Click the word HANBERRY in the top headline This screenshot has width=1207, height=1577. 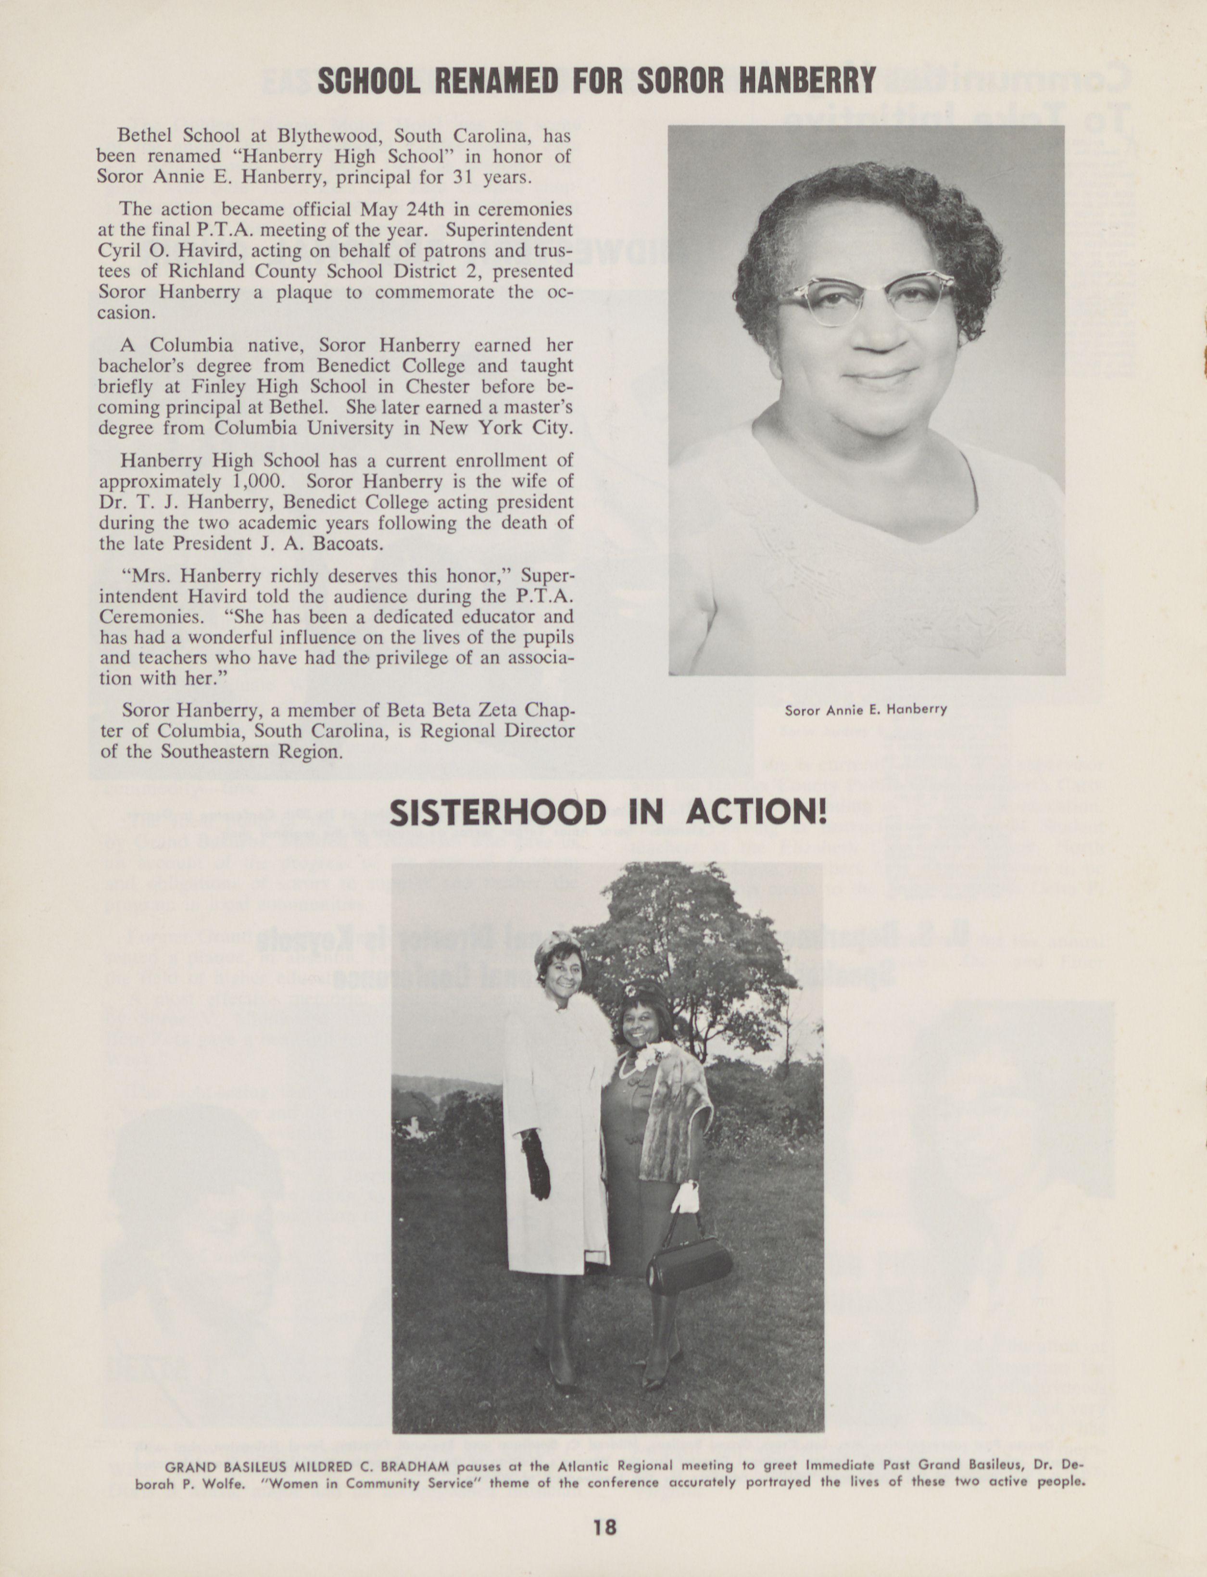coord(807,80)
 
